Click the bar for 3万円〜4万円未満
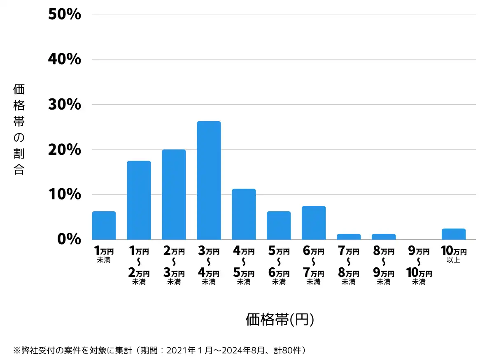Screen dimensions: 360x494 209,180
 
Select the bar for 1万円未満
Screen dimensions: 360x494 104,225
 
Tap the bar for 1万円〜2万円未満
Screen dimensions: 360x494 139,200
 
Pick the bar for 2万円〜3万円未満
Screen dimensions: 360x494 174,194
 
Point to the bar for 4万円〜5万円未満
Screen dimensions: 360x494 244,214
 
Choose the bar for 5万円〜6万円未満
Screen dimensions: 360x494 279,225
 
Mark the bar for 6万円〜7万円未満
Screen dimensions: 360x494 314,222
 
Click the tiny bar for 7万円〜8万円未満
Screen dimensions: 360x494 349,237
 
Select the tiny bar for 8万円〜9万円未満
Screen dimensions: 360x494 384,237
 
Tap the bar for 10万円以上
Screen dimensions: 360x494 454,234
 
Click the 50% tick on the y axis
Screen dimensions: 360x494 65,14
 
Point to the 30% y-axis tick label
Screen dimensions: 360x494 65,105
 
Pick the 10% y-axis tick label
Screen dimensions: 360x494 65,194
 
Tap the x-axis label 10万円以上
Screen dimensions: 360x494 454,254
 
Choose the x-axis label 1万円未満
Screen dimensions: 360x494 104,254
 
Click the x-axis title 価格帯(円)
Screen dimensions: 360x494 280,320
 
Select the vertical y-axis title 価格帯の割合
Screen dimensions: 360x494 19,129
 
